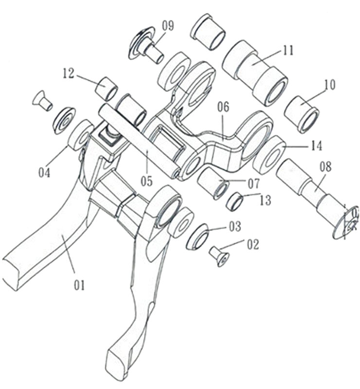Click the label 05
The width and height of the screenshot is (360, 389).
pos(146,181)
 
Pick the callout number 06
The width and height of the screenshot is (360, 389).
pos(223,107)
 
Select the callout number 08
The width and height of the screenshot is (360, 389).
pos(325,167)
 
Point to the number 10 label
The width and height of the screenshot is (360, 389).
pos(329,85)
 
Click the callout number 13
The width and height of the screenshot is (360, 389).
pos(265,200)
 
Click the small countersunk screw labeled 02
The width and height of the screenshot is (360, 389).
pos(218,255)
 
